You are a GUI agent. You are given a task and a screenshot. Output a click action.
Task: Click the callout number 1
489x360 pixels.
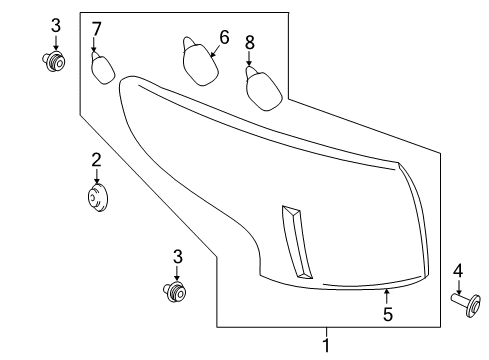[x=324, y=345]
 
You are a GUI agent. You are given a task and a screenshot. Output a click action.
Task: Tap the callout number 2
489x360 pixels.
[x=97, y=160]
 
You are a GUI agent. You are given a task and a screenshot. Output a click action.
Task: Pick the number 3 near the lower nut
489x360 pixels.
[x=178, y=257]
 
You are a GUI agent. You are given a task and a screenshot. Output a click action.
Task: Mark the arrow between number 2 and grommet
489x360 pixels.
[x=97, y=177]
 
